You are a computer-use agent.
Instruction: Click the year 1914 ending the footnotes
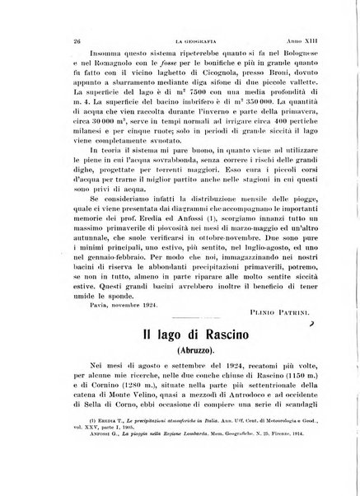tap(320, 462)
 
